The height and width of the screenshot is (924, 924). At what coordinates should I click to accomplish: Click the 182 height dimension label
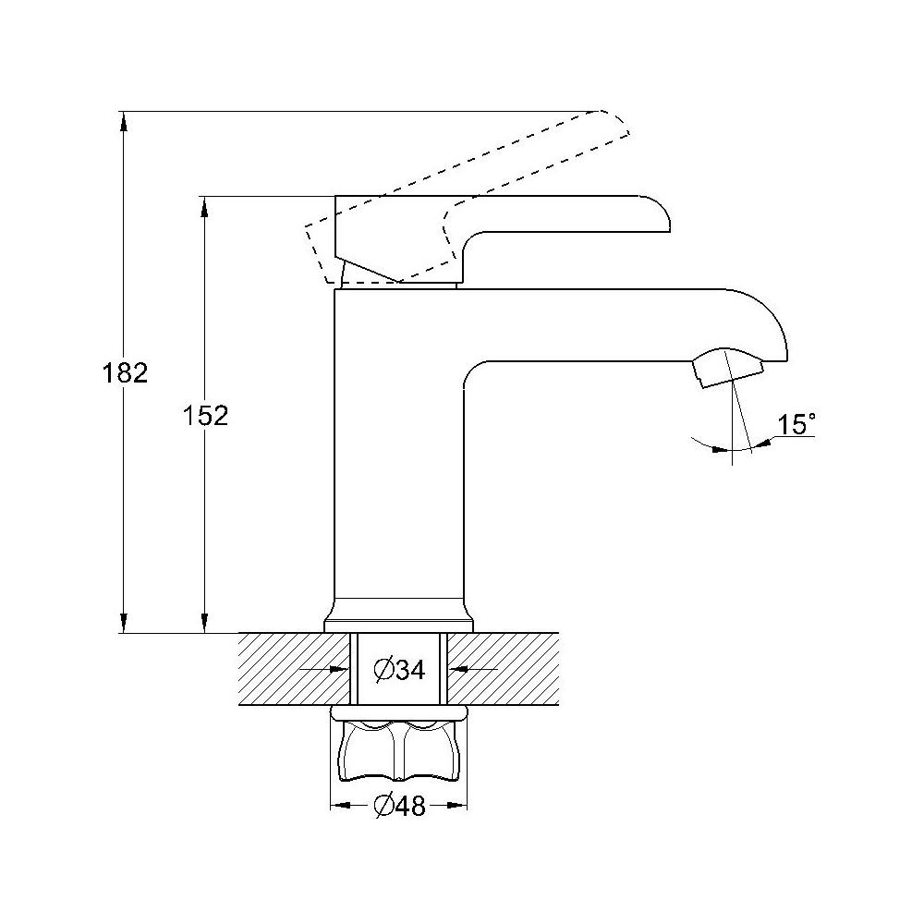point(125,373)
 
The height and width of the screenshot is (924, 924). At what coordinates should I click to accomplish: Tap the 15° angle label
point(796,424)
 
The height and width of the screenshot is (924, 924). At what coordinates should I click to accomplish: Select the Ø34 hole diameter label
point(399,669)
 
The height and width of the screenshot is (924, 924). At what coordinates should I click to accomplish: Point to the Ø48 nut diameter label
point(399,806)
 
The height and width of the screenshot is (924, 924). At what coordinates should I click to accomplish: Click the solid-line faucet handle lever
point(502,238)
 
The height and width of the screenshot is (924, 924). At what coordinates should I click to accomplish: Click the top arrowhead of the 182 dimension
point(123,121)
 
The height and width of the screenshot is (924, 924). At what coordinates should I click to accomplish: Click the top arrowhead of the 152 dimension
point(204,206)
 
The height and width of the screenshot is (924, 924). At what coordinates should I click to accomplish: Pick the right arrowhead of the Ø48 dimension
point(457,806)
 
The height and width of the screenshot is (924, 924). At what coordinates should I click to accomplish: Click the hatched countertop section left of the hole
point(294,669)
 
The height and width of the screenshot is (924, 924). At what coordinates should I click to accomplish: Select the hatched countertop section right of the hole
point(503,669)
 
